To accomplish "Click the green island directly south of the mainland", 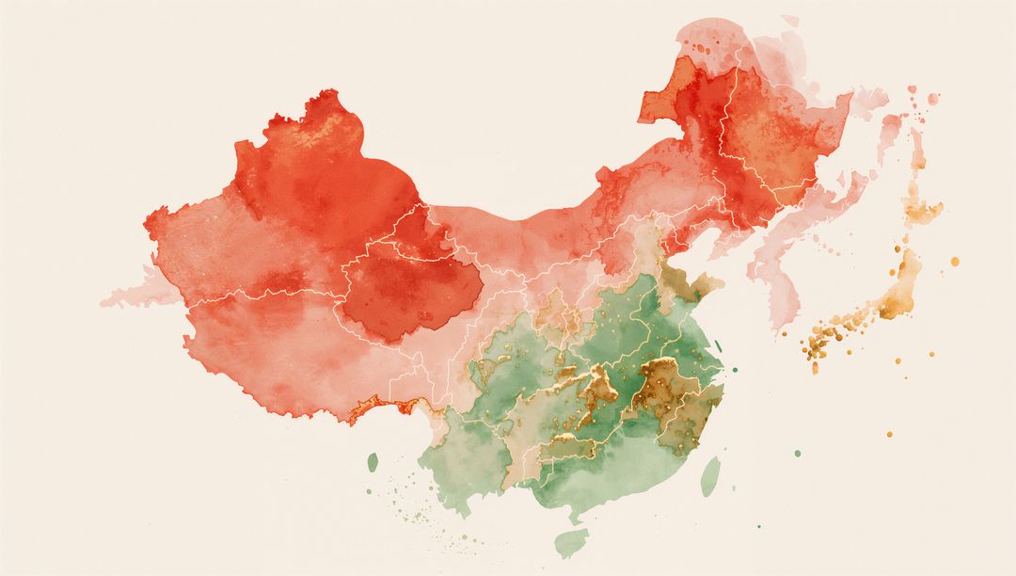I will point(571,542).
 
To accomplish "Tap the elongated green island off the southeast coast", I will point(710,476).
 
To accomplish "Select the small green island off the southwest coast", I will point(373,462).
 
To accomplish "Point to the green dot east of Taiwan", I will point(798,454).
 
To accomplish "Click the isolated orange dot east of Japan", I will point(954,261).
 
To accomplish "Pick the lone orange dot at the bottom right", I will point(889,434).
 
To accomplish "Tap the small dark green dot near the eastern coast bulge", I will point(734,370).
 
